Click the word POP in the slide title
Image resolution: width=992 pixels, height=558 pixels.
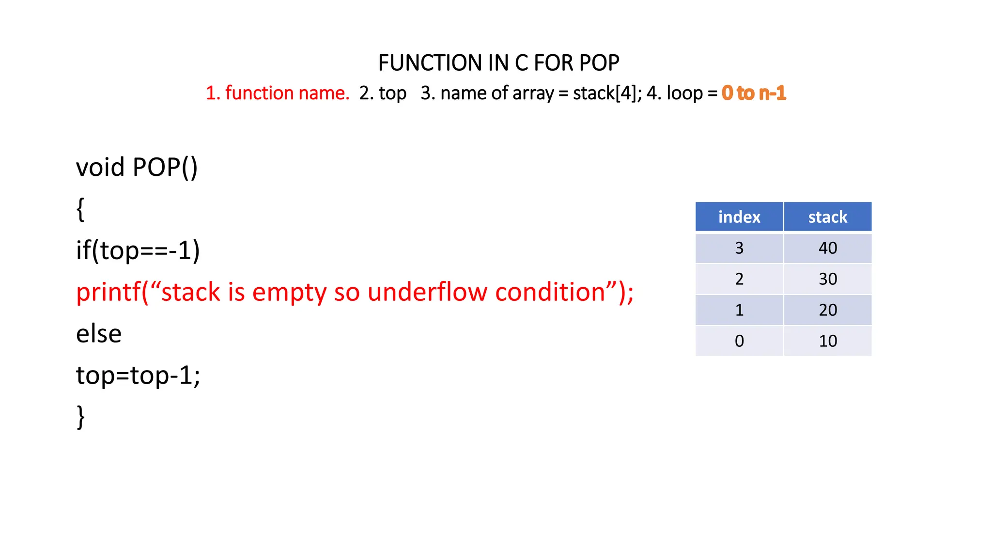(x=599, y=63)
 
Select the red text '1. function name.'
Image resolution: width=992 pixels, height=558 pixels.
(x=278, y=93)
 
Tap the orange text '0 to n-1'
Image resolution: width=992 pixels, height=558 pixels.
(x=754, y=93)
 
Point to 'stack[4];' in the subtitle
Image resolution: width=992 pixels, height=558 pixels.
(x=607, y=93)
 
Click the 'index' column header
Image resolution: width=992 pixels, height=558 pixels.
(x=739, y=217)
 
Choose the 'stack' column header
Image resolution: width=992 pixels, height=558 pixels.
(x=828, y=217)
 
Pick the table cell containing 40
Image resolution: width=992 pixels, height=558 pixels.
(x=828, y=248)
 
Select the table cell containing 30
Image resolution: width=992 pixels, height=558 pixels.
(x=828, y=279)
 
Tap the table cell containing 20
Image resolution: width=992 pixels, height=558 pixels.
(x=828, y=310)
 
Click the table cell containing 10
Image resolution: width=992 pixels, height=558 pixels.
(x=828, y=341)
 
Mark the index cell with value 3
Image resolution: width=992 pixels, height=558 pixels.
(x=739, y=248)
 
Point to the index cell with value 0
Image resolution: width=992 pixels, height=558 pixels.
(x=739, y=341)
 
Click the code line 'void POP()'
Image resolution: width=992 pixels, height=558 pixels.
(x=137, y=168)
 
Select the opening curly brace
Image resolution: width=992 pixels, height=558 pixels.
(x=80, y=209)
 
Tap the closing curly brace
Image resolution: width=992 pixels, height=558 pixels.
(x=80, y=417)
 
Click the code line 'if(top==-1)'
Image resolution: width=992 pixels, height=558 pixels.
(x=138, y=251)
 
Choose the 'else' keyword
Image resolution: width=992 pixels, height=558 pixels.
(x=99, y=334)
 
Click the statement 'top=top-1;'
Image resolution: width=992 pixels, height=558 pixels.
(x=138, y=376)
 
